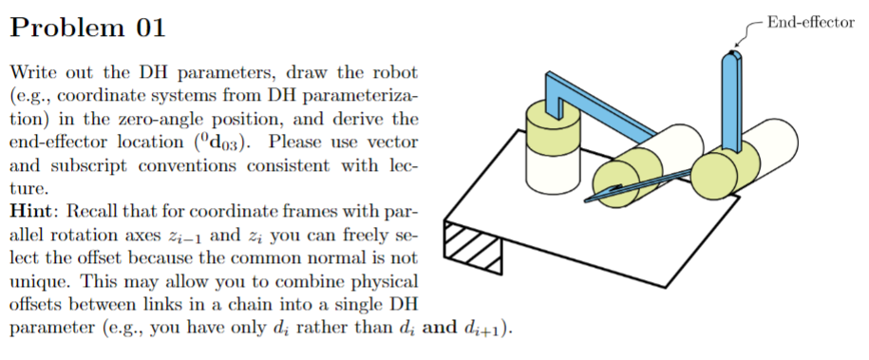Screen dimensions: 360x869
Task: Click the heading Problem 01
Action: click(x=87, y=28)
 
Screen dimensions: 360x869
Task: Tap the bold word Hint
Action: click(x=32, y=210)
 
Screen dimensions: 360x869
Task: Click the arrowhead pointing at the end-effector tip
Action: click(x=736, y=45)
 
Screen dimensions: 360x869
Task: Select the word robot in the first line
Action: click(x=394, y=73)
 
